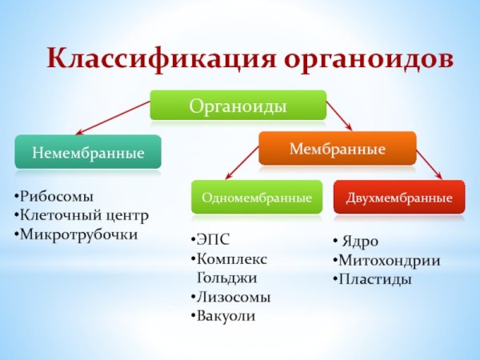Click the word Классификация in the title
160,61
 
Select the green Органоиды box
238,106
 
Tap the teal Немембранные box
88,151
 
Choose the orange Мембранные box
337,149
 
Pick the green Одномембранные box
256,197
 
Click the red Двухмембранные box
398,197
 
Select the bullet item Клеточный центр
84,215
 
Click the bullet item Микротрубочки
78,234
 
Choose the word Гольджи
226,278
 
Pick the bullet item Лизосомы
234,297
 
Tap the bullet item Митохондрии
389,260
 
